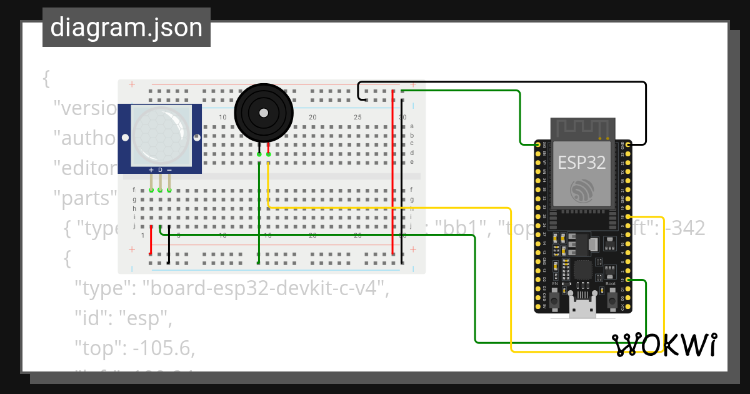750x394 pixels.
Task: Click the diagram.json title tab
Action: pos(126,28)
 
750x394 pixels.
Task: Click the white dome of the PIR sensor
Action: pos(160,138)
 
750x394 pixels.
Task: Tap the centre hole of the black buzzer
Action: pos(264,113)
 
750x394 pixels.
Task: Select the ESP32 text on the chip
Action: pos(582,163)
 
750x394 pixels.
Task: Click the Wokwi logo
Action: pos(664,345)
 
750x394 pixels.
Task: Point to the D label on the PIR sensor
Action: pos(160,170)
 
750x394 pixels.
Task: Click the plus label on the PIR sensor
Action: pos(151,170)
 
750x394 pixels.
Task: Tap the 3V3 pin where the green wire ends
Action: pos(537,145)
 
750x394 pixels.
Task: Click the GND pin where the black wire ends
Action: pos(627,145)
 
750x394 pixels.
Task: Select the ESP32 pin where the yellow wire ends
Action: pos(627,217)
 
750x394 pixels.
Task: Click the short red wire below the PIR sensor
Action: pos(151,241)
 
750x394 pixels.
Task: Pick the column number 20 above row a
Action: pos(312,118)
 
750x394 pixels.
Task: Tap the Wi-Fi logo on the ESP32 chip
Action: pos(582,190)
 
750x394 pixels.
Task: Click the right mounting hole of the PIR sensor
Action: pos(196,137)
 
